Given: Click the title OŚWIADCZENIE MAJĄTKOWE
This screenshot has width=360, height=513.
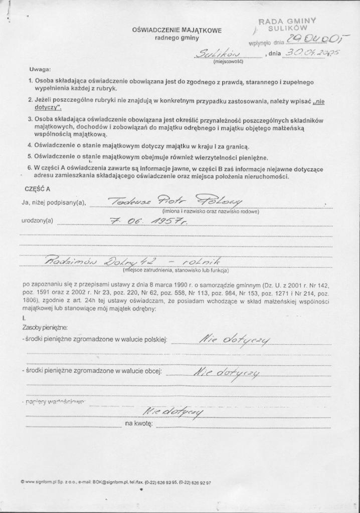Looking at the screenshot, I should click(x=176, y=30).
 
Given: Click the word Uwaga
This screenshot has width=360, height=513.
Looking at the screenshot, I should click(x=40, y=69).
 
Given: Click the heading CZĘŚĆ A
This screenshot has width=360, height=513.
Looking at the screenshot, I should click(x=37, y=189).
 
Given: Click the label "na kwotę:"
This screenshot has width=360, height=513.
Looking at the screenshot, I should click(x=138, y=424).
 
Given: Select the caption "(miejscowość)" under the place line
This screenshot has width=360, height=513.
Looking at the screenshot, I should click(x=228, y=62).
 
